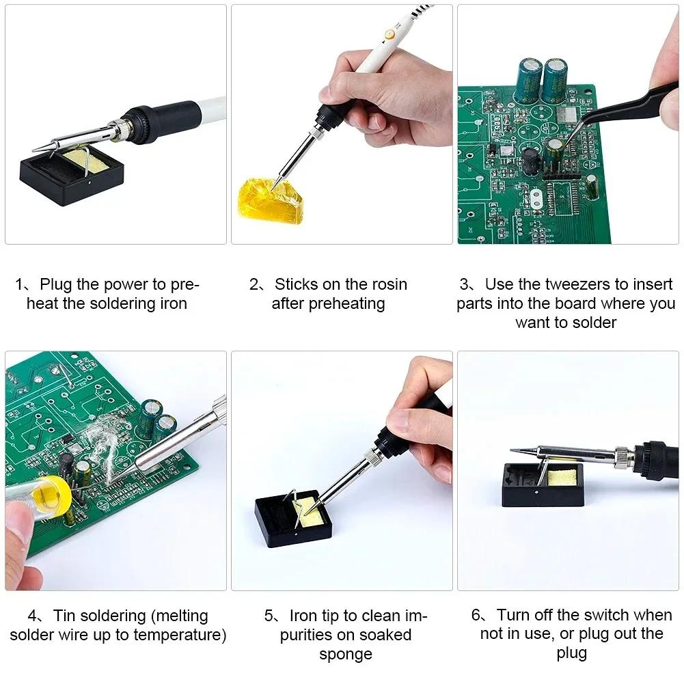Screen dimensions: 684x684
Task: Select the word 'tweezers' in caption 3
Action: tap(580, 284)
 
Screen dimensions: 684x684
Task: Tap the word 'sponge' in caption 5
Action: tap(345, 654)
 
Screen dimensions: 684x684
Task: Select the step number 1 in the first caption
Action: tap(20, 285)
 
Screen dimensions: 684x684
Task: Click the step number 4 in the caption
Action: tap(32, 616)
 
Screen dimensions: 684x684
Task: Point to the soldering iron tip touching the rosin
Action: tap(276, 182)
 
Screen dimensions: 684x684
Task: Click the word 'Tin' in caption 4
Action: tap(66, 616)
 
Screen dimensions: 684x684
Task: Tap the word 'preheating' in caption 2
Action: tap(328, 303)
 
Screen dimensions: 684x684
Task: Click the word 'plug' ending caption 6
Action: tap(571, 654)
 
